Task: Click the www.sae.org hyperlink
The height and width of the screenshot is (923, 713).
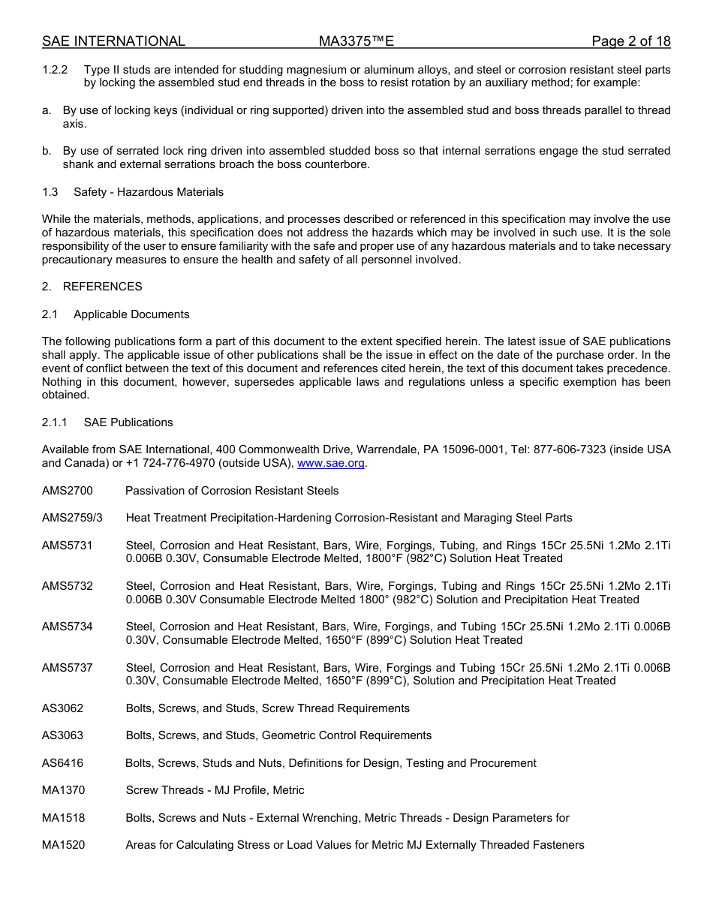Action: (330, 463)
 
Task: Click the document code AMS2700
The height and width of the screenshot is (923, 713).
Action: (68, 491)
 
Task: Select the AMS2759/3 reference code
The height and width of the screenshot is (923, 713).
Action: (72, 518)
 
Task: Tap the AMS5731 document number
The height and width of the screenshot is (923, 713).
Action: (68, 546)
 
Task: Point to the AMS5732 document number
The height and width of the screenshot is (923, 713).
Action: (68, 586)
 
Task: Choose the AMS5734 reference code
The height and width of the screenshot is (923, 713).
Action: (68, 627)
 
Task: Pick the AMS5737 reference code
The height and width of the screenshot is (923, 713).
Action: (68, 667)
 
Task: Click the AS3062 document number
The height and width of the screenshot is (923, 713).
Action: (63, 708)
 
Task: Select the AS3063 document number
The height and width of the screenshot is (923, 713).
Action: (63, 735)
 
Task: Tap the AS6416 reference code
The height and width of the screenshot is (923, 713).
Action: (63, 763)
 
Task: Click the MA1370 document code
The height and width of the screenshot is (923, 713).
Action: (64, 790)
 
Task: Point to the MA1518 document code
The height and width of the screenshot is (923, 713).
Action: (64, 818)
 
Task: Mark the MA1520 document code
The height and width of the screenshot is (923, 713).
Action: (64, 845)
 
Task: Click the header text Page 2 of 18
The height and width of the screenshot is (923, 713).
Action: (630, 41)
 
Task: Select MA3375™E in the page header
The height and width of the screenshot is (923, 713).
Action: (356, 41)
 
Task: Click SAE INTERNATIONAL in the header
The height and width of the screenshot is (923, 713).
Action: (113, 41)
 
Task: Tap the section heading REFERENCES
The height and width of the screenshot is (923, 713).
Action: (102, 287)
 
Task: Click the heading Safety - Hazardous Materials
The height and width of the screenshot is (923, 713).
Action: (149, 192)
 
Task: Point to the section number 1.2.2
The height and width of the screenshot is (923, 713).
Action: (55, 70)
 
